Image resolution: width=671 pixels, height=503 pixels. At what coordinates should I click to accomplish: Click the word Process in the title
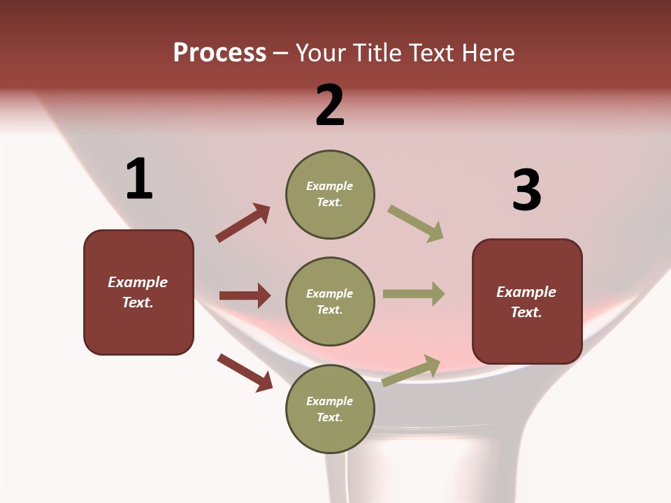click(x=219, y=53)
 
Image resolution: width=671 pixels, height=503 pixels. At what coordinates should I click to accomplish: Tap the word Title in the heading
click(x=375, y=53)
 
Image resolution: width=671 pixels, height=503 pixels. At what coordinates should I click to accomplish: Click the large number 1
click(x=139, y=180)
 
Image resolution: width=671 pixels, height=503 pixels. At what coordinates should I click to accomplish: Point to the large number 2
click(x=330, y=105)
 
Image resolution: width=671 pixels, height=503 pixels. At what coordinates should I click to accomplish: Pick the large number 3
click(x=526, y=191)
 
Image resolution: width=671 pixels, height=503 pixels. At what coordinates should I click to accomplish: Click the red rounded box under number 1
click(x=138, y=292)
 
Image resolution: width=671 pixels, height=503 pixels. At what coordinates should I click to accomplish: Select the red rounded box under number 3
click(x=527, y=301)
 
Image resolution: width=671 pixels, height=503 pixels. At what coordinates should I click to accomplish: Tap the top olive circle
click(x=330, y=194)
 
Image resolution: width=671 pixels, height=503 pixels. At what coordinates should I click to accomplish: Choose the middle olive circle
click(x=330, y=301)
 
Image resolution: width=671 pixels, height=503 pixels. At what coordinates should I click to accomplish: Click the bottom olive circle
click(x=330, y=409)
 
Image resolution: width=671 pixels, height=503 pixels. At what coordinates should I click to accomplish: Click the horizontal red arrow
click(x=245, y=296)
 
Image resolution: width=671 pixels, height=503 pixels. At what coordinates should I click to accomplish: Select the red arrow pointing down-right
click(x=245, y=372)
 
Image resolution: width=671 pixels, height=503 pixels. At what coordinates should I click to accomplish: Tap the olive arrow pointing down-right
click(x=416, y=224)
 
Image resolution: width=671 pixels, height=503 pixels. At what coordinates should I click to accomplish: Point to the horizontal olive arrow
click(x=414, y=293)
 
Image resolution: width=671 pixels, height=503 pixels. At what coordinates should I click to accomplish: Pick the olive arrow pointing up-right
click(x=412, y=371)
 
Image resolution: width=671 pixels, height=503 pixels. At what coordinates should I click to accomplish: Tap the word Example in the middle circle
click(x=329, y=293)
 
